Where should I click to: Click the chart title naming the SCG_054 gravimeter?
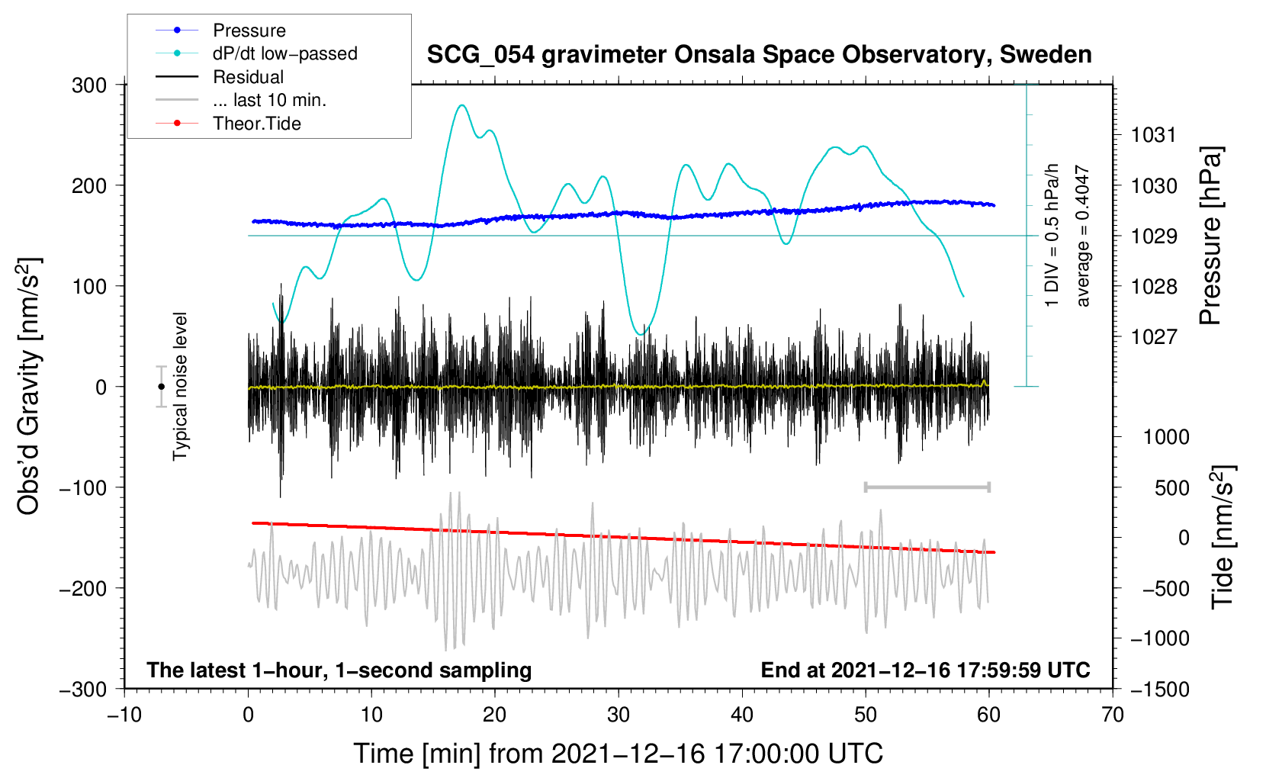pos(759,55)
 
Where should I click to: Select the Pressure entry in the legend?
pos(249,31)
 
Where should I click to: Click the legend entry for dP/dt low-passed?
pos(284,53)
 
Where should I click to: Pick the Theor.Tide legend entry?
pos(256,124)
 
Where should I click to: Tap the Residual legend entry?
pos(248,77)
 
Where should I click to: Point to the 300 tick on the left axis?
pos(89,85)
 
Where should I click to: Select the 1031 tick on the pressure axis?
pos(1154,135)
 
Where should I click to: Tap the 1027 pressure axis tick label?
pos(1154,336)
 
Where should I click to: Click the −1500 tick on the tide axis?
pos(1159,689)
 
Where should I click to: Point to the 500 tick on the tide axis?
pos(1171,487)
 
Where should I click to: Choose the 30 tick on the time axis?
pos(619,715)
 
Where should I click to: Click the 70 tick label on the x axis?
pos(1113,715)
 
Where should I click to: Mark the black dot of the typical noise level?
pos(162,387)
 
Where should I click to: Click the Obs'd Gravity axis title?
pos(29,387)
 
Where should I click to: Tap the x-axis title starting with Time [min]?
pos(619,754)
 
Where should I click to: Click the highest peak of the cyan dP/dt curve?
pos(461,105)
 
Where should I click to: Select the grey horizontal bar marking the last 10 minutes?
pos(927,487)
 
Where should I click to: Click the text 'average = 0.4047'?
pos(1083,236)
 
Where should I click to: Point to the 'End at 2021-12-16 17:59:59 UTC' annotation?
pos(925,670)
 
